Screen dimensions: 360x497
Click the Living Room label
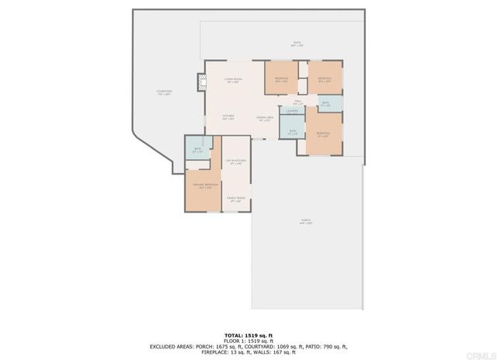pos(233,79)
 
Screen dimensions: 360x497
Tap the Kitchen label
pos(228,117)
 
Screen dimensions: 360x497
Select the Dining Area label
pos(263,118)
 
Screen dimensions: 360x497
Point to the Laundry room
pos(292,111)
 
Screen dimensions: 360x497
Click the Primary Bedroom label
pos(204,185)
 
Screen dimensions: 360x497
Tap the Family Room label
pos(235,199)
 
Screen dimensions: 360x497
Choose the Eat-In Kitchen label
pos(235,162)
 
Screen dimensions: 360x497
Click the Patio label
pos(296,43)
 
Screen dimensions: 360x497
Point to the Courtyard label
pos(163,92)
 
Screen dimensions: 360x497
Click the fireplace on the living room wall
pos(201,82)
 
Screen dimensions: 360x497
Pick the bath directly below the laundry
pos(292,130)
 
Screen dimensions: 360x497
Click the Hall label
pos(298,101)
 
